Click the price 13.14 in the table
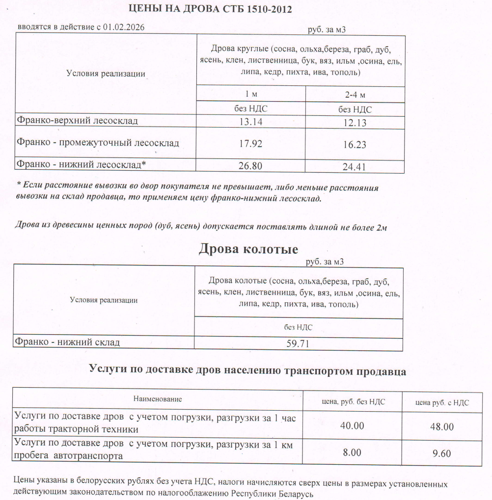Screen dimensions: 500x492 click(x=250, y=122)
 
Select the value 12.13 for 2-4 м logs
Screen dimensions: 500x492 click(x=355, y=123)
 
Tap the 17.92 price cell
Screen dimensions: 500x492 click(x=250, y=144)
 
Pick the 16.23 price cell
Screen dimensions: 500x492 click(x=355, y=145)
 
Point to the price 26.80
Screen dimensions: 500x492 click(x=250, y=166)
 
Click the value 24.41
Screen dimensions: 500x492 click(x=355, y=167)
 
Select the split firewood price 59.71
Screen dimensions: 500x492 click(x=298, y=344)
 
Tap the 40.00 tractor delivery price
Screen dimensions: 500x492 click(x=352, y=426)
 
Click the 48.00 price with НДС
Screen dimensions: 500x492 click(x=442, y=427)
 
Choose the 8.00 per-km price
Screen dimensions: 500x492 click(x=352, y=452)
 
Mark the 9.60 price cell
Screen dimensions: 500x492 click(x=442, y=453)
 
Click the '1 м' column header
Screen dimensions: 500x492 click(x=251, y=94)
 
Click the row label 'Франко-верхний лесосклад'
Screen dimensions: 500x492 click(x=77, y=120)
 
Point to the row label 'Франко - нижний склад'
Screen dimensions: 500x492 click(x=67, y=342)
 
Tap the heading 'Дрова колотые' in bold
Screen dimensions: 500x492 click(x=248, y=249)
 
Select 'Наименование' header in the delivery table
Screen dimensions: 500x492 click(x=158, y=399)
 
